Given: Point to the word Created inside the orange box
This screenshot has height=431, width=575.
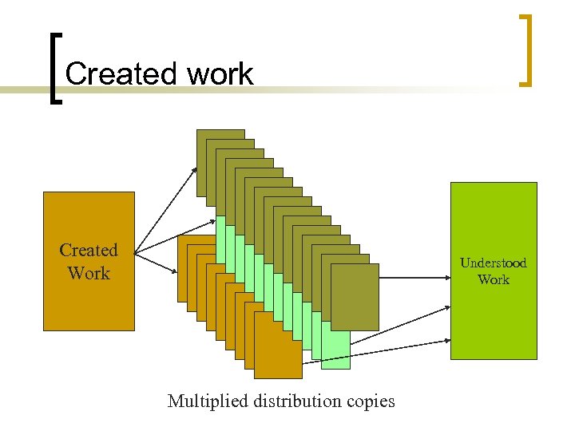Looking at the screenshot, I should click(89, 250).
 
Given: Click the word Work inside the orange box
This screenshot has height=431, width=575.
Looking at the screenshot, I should click(89, 273).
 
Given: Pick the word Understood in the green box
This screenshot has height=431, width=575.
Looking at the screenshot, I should click(493, 263).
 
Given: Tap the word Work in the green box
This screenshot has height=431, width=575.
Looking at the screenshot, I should click(493, 279).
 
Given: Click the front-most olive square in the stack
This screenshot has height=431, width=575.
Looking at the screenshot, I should click(355, 296).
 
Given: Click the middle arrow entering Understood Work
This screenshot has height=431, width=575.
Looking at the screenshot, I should click(399, 323).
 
